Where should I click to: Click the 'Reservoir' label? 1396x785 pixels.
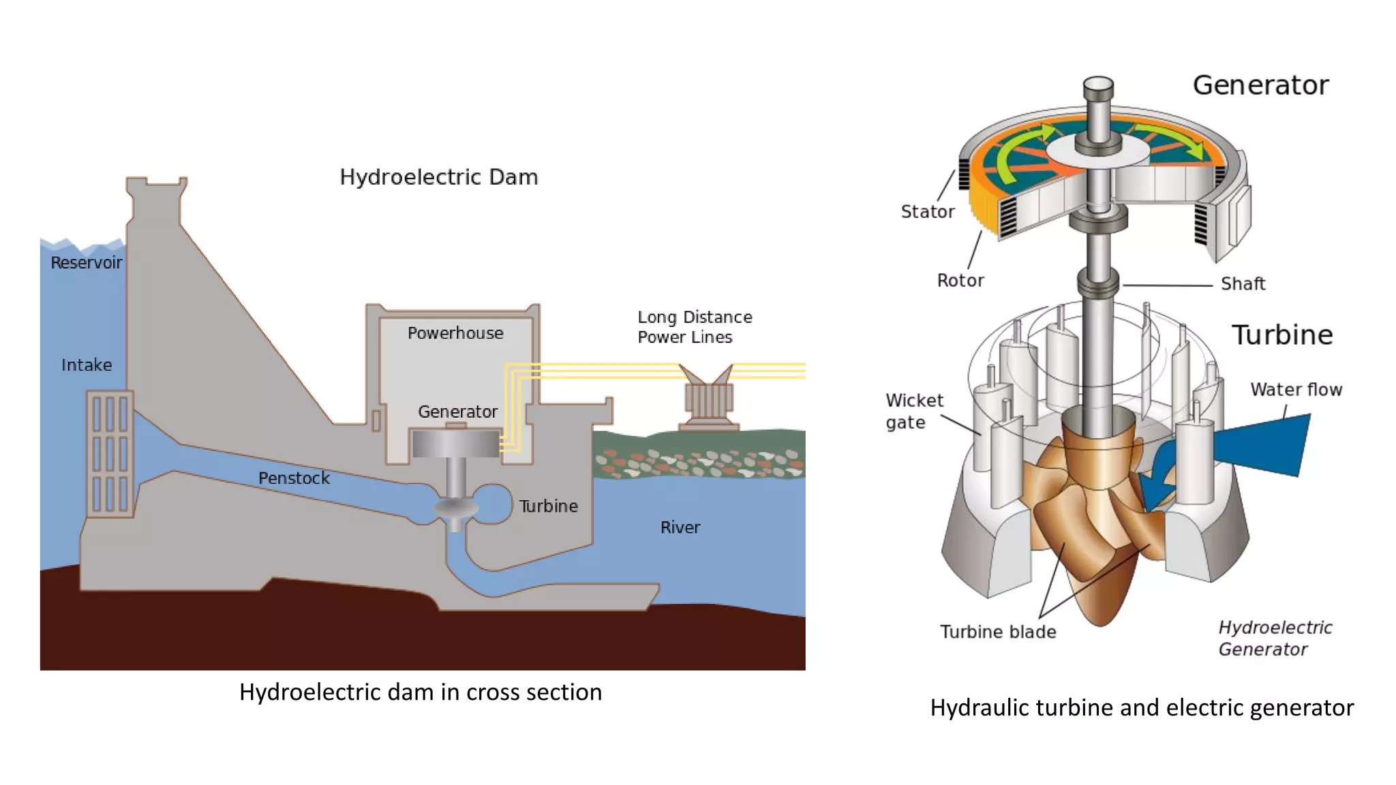(86, 262)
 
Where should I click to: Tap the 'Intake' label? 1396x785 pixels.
(87, 365)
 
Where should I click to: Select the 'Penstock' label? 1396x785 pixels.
(294, 478)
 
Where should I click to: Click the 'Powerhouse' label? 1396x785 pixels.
(455, 333)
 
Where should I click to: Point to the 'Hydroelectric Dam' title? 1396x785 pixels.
(439, 177)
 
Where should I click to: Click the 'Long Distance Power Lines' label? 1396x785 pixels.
(694, 327)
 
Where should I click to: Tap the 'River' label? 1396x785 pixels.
(680, 527)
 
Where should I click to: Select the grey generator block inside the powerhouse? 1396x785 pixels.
(455, 444)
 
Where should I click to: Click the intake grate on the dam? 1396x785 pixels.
(110, 454)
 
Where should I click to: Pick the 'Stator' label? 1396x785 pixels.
(927, 212)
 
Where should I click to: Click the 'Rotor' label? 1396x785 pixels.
(960, 281)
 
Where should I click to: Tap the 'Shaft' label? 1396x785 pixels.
(1243, 284)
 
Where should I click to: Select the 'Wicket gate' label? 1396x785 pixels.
(913, 411)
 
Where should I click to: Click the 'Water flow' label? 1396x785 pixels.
(1295, 390)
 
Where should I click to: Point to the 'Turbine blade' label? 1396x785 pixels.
(998, 632)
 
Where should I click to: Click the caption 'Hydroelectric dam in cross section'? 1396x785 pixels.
(421, 692)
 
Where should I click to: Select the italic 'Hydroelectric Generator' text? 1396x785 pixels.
(1275, 638)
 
